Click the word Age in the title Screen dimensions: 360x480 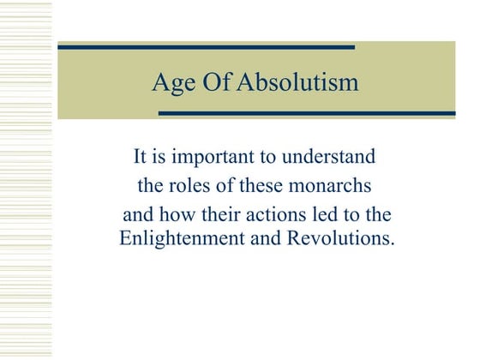coord(170,84)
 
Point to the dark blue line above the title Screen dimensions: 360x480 coord(206,47)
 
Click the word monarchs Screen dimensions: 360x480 coord(335,184)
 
